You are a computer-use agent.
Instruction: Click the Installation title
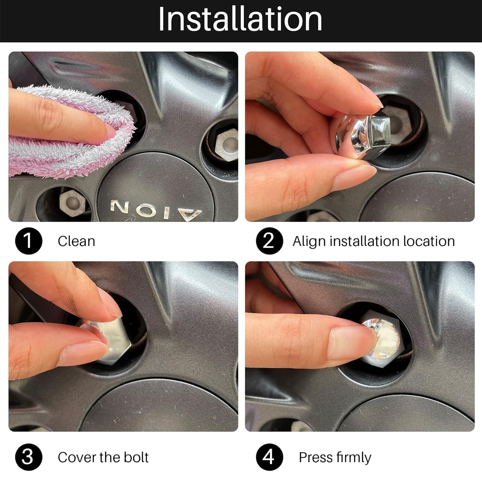pos(240,19)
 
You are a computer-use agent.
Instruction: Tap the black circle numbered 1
pos(29,241)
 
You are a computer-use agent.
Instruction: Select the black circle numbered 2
pos(269,241)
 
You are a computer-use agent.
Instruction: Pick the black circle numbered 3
pos(29,457)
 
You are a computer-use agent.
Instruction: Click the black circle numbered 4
pos(269,457)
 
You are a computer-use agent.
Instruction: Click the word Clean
pos(77,241)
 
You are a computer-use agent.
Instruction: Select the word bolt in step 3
pos(136,457)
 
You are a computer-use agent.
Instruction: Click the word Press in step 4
pos(315,458)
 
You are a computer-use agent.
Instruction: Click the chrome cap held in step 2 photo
pos(363,131)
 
